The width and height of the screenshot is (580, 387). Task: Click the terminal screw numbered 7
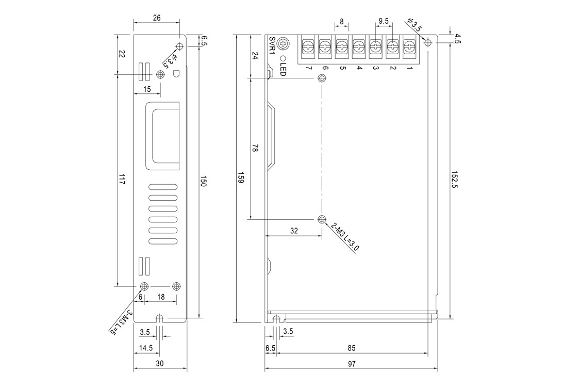point(308,46)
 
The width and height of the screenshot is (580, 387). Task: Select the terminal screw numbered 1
point(409,46)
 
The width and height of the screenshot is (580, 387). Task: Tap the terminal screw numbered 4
point(358,46)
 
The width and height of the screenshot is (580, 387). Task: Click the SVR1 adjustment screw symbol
point(284,43)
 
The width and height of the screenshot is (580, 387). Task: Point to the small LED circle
point(284,58)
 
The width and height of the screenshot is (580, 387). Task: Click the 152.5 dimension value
point(455,180)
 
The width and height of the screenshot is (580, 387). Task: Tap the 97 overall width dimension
point(352,364)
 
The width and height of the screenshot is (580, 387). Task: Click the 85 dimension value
point(352,348)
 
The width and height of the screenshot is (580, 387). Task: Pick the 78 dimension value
point(255,148)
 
